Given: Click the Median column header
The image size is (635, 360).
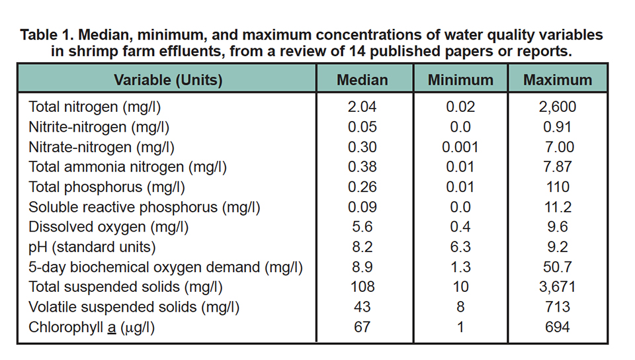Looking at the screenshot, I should [362, 80].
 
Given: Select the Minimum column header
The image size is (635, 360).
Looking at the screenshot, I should [460, 80].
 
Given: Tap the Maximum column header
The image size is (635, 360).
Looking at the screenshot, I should [558, 80].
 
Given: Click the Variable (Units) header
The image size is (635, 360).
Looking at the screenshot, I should [168, 80].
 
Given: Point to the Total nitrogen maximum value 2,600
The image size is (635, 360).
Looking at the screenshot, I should [557, 107].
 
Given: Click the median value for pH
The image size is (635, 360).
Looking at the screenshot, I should [362, 247].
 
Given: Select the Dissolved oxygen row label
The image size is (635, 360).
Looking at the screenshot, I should [108, 227].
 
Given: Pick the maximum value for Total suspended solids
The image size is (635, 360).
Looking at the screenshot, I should [557, 287].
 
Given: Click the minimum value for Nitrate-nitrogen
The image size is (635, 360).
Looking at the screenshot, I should [460, 147].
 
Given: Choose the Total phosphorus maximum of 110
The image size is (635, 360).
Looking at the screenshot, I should [557, 187].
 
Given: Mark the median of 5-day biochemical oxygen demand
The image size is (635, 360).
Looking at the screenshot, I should [362, 267].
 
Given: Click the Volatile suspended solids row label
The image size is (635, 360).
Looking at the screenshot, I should [133, 308].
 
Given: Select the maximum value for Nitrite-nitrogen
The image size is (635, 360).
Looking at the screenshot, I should [557, 126].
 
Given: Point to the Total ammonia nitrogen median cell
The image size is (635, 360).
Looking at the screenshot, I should [362, 167].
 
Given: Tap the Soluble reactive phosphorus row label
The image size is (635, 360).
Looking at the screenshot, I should [144, 207].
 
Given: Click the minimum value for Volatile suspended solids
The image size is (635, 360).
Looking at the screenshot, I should [460, 308].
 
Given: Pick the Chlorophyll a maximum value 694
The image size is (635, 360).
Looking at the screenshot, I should [557, 328].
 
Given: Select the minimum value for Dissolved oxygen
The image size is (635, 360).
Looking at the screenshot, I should [460, 227].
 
